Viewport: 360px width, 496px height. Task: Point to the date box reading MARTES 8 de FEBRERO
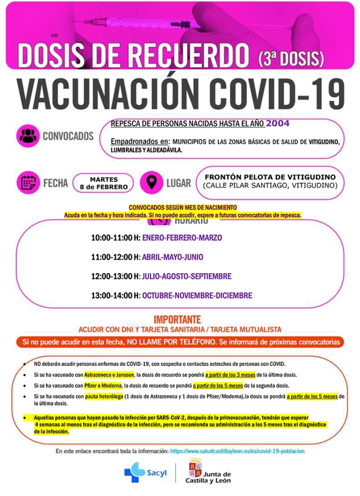(104, 183)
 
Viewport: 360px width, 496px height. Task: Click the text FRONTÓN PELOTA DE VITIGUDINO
(270, 177)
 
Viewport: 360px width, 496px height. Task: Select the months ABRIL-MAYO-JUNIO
(172, 257)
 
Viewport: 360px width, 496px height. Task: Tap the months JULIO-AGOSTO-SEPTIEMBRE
(187, 276)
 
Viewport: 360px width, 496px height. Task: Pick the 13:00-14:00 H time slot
(115, 295)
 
